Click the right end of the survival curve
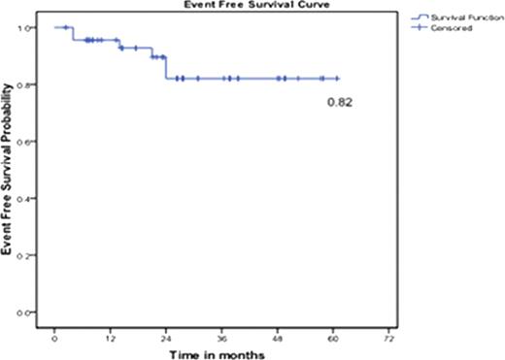[x=339, y=79]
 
